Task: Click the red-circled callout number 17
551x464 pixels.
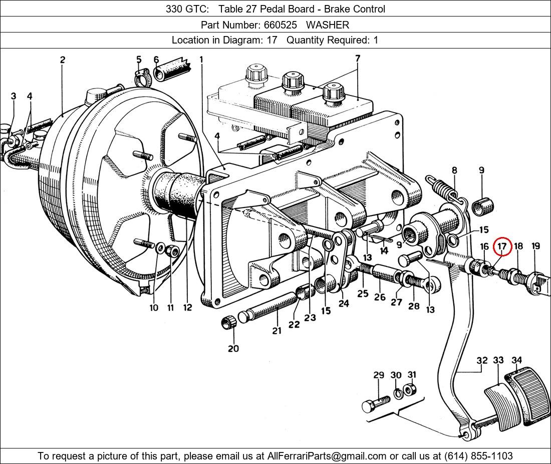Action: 502,246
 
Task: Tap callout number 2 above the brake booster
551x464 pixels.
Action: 63,60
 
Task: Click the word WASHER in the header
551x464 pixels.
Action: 327,24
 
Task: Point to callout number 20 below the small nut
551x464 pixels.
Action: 233,348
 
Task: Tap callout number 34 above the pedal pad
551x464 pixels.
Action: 517,360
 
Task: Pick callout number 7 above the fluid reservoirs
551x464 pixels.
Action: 358,58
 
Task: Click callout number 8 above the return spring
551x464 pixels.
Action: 454,170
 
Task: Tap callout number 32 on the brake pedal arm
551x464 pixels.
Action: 482,360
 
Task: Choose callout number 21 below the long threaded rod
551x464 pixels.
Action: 277,330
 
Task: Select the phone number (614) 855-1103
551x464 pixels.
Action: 478,456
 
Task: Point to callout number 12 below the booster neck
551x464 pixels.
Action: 187,307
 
